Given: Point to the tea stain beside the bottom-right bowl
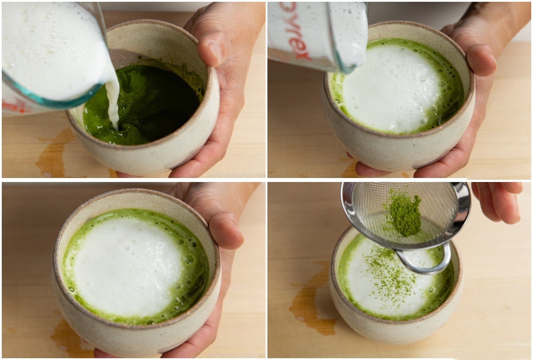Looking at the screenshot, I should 311,306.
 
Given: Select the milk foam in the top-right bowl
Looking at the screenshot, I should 391,89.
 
